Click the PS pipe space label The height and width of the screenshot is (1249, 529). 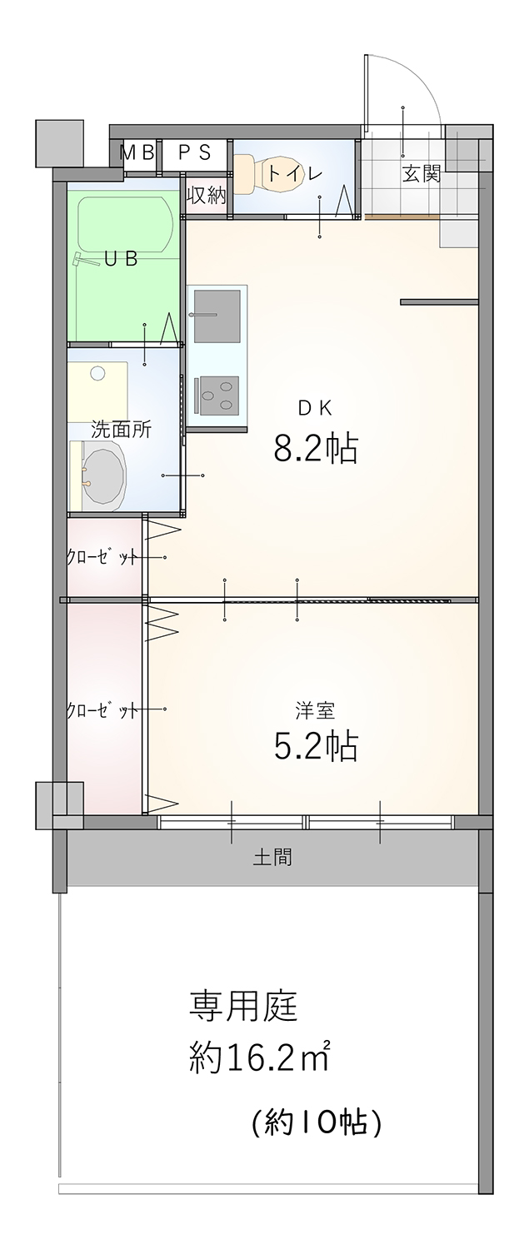pos(195,152)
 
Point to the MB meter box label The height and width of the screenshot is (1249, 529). pos(137,152)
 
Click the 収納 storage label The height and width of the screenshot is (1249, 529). pos(207,196)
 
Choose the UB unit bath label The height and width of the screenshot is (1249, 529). pos(121,259)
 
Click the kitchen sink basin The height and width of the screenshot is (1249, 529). pos(217,316)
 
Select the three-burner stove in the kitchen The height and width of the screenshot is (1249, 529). pos(217,396)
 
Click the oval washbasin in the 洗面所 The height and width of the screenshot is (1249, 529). pos(103,475)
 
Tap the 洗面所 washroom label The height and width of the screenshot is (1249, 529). pos(121,430)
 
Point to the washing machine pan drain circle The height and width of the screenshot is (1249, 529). pos(97,374)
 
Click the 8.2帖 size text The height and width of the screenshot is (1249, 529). pos(315,449)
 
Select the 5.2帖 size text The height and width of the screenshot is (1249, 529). pos(315,747)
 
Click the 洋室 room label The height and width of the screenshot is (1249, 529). pos(315,710)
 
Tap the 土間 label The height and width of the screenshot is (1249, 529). pos(272,857)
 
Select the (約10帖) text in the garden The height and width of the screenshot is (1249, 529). pos(317,1121)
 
